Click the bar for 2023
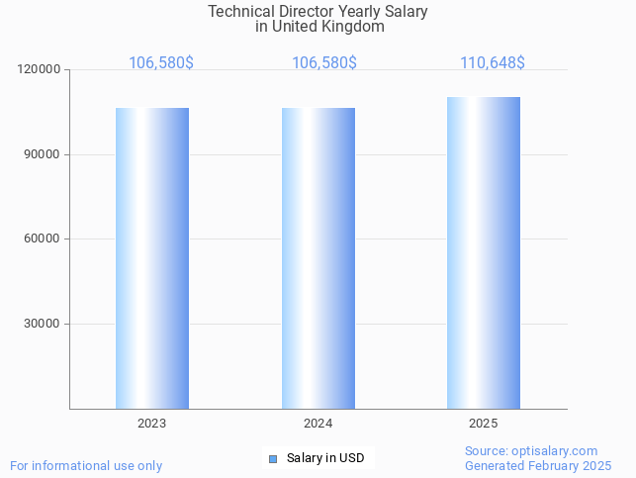(152, 257)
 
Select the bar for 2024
(318, 257)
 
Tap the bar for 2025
(484, 252)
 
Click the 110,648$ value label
(493, 63)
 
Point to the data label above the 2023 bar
(161, 63)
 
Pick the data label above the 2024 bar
(324, 63)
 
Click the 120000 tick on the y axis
(40, 70)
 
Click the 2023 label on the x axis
(152, 424)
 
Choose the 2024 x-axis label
(318, 424)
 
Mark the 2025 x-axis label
(484, 424)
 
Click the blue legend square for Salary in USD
(273, 458)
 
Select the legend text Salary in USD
(325, 458)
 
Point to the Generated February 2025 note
(538, 465)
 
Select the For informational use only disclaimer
(86, 465)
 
